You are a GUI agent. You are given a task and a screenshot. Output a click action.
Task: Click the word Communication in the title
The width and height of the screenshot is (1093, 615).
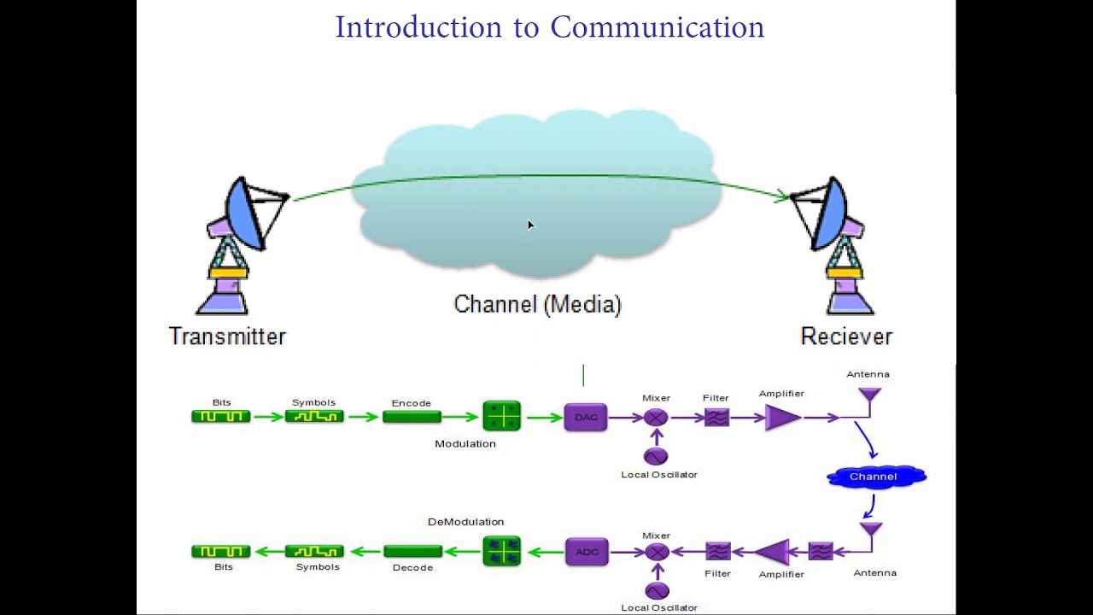657,27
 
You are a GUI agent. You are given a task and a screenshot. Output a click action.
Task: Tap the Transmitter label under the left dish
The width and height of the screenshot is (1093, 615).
227,337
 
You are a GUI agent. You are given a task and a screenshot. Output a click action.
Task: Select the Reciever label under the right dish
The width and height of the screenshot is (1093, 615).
846,337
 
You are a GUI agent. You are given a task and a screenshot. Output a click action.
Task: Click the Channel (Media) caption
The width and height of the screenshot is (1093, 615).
537,304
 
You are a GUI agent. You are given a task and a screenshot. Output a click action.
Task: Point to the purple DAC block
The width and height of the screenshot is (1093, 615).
586,418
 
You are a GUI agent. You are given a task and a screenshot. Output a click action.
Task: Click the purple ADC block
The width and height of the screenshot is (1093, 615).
587,552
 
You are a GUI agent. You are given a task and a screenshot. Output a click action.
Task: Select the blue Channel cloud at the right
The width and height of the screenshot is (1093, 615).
875,477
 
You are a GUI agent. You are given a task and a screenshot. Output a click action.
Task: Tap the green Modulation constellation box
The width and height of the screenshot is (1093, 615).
501,417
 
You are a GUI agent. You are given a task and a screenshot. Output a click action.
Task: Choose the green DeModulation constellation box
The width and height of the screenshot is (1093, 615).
501,552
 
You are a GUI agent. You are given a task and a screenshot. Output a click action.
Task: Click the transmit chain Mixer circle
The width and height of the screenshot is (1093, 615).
656,418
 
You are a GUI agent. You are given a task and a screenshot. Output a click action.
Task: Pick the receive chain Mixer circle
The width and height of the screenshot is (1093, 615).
657,552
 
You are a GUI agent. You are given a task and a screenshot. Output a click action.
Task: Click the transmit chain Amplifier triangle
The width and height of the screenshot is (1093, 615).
781,418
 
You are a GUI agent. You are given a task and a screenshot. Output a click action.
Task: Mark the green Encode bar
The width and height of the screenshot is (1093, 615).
412,417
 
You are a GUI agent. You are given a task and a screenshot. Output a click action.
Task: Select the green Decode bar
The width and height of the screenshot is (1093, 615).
412,552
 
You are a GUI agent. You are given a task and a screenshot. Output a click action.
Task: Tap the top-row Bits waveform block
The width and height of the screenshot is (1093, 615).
221,417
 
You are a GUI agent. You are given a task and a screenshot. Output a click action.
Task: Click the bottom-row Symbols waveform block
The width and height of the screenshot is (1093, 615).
314,552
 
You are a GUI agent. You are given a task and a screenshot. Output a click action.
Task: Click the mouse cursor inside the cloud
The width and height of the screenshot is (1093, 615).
530,225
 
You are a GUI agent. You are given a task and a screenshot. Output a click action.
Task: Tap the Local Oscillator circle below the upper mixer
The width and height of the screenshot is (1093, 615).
656,456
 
